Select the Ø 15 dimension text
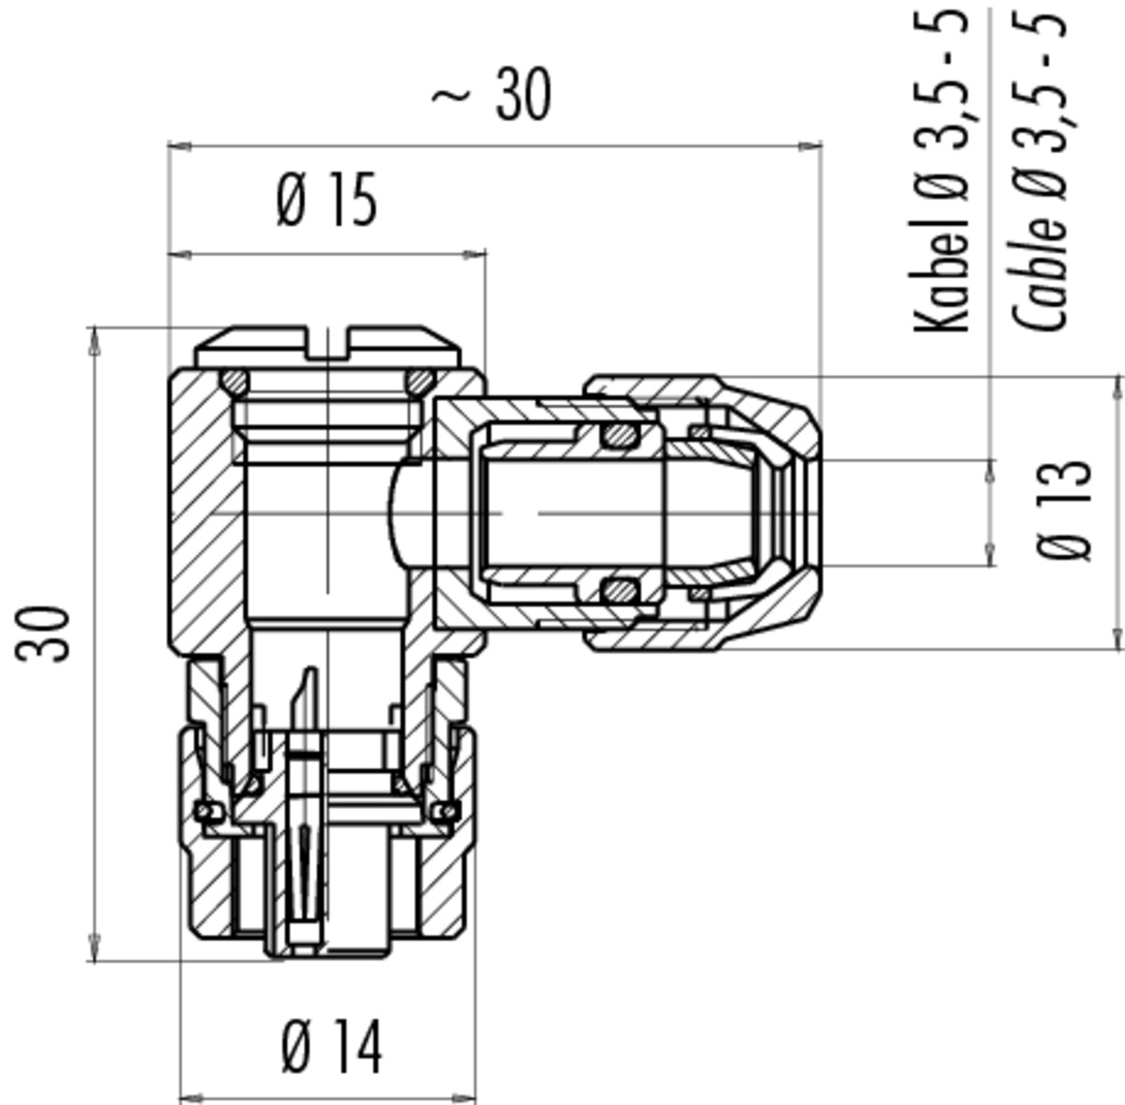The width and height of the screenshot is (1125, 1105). pos(327,201)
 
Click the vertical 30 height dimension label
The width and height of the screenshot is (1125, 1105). pos(42,634)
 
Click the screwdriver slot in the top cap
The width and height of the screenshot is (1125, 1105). pos(327,343)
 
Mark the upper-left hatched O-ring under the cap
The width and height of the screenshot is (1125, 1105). pos(234,382)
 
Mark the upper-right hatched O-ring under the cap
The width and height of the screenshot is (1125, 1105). pos(420,382)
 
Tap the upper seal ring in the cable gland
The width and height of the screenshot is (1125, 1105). pos(620,434)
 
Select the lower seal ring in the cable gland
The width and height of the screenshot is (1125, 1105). pos(620,592)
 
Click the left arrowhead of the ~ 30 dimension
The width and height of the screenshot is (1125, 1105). pos(179,145)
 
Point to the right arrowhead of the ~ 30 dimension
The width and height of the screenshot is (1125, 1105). pos(810,145)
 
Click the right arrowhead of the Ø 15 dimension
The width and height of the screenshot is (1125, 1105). pos(474,255)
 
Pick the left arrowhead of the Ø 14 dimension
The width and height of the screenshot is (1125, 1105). pos(191,1098)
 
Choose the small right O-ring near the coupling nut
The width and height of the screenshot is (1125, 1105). pos(448,811)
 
